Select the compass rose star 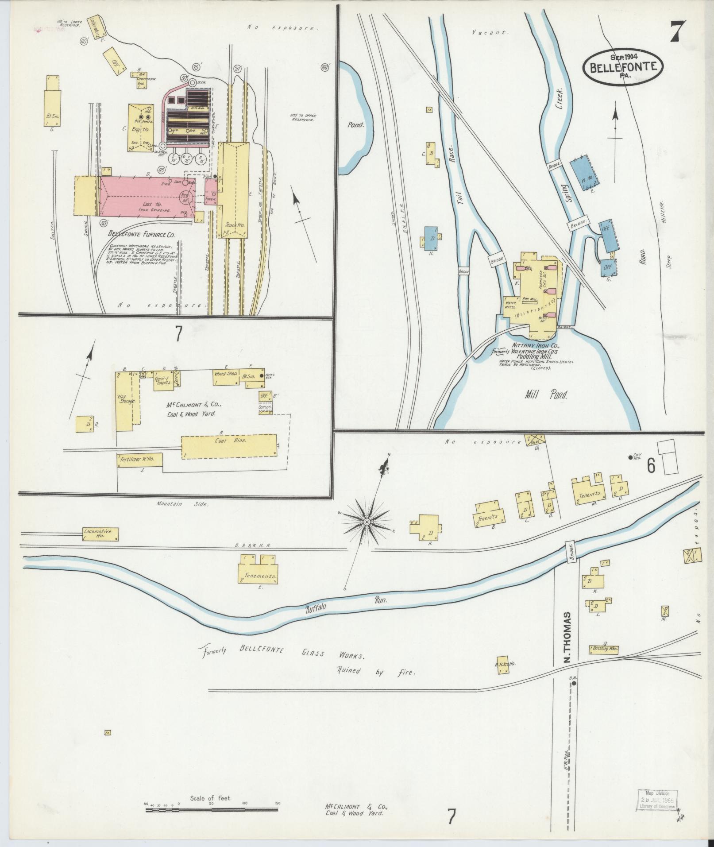(367, 523)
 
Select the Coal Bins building (228, 448)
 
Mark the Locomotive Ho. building (100, 534)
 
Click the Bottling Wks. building (603, 649)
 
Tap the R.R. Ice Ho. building (502, 665)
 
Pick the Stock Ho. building (235, 190)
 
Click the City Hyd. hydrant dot (631, 458)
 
